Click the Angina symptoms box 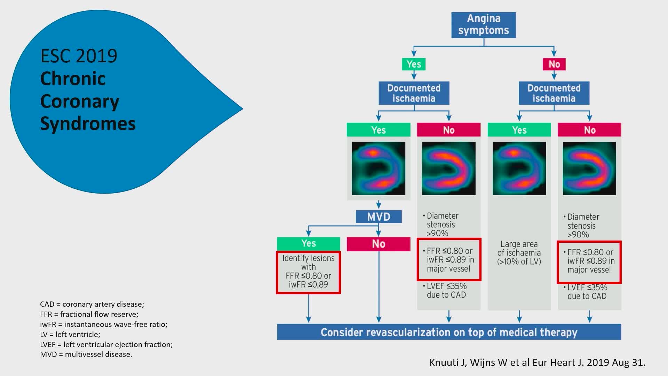click(483, 25)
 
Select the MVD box click(379, 217)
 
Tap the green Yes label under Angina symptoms click(414, 64)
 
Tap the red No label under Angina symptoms click(554, 64)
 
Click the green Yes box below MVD click(309, 243)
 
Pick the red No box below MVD click(379, 244)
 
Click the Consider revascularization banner click(449, 332)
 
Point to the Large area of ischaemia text click(519, 253)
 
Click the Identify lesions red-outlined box click(309, 273)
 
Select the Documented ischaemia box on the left click(414, 93)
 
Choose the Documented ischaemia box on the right click(554, 93)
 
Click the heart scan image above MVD click(379, 168)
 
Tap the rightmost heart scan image click(589, 168)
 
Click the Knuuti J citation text click(537, 362)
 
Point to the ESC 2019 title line click(79, 56)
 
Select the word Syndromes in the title click(88, 124)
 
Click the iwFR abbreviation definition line click(104, 324)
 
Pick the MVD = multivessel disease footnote click(86, 354)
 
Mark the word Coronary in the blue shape click(80, 101)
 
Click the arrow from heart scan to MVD click(379, 205)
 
